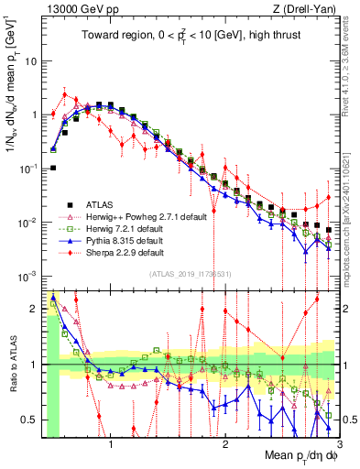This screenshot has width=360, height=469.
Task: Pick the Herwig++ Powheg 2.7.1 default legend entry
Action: pyautogui.click(x=138, y=216)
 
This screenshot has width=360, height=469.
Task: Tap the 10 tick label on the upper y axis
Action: pyautogui.click(x=30, y=61)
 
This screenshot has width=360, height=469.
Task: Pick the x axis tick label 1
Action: pyautogui.click(x=110, y=446)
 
